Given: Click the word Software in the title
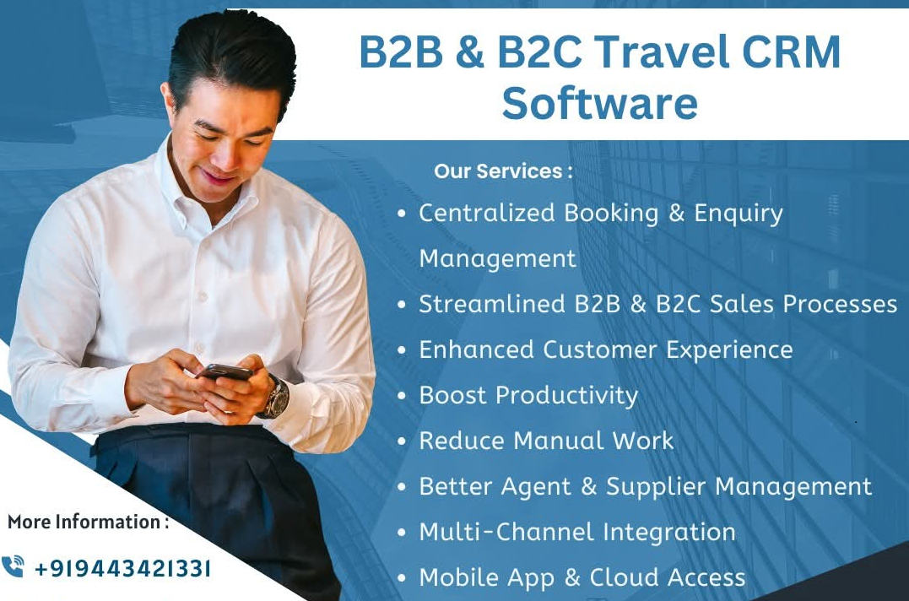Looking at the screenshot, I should point(599,103).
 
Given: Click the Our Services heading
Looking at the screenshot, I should point(503,171).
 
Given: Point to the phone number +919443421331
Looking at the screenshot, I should point(122,568).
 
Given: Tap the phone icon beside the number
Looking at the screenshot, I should point(14,566).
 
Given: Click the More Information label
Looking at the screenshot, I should point(88,522).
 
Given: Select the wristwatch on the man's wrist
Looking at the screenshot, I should point(274,397).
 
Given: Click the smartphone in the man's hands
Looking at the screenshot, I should point(225,371).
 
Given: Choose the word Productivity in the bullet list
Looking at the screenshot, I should point(566,395).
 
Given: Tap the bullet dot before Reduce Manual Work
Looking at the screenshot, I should point(403,441).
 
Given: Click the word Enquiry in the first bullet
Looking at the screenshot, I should point(739,214).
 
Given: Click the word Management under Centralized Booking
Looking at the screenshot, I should point(498,258).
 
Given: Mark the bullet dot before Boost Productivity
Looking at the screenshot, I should point(403,396).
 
